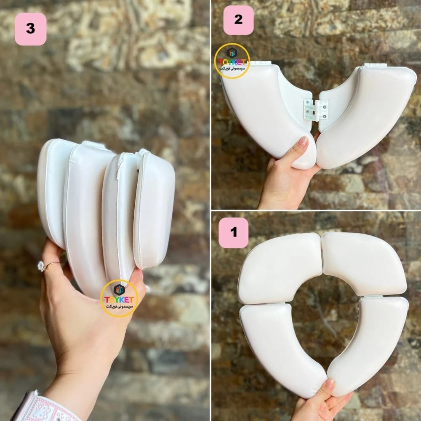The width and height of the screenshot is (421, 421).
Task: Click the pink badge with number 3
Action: click(x=30, y=29)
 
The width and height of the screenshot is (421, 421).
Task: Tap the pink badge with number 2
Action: click(x=238, y=20)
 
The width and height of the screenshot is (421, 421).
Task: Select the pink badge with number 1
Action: click(x=233, y=232)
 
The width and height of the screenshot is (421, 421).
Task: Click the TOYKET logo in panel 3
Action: click(x=119, y=298)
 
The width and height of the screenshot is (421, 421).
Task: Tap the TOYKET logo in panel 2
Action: click(x=232, y=61)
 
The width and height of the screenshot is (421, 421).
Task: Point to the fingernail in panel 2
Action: click(x=303, y=141)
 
